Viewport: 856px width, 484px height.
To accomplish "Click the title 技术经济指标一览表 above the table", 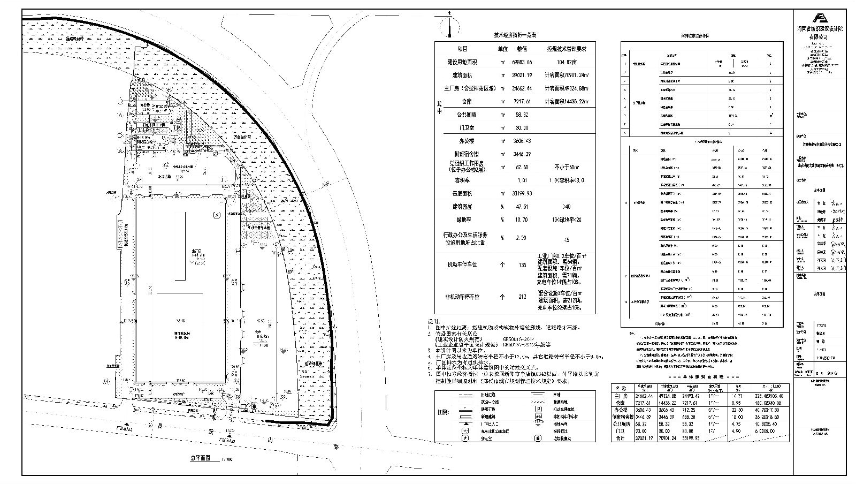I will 515,35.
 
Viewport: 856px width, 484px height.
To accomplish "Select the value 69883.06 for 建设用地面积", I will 522,63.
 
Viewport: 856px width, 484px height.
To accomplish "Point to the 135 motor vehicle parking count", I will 522,264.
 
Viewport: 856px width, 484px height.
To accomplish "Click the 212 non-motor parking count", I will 522,297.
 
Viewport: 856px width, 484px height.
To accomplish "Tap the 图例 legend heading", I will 443,413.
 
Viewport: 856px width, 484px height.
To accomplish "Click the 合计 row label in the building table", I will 621,438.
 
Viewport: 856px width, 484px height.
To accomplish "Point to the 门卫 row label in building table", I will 621,430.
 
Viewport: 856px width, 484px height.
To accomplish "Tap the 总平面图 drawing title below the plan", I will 200,458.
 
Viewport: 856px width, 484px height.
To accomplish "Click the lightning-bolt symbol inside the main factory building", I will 216,216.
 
